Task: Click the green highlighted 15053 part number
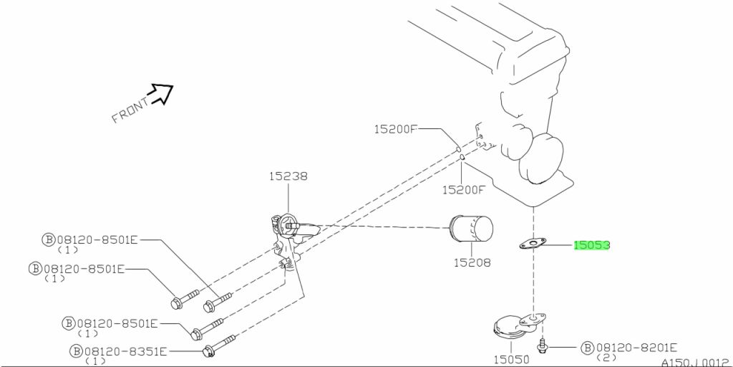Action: [x=592, y=245]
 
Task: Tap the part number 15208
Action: [x=472, y=262]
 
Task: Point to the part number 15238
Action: [x=288, y=176]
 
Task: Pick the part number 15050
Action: [x=511, y=360]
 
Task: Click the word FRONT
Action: [x=130, y=110]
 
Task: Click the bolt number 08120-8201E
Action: [x=636, y=348]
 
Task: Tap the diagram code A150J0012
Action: [x=696, y=362]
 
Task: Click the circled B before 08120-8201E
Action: [x=587, y=348]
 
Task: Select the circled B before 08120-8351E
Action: [x=76, y=351]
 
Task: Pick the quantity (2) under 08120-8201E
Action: [x=606, y=358]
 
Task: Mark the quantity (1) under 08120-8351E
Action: [x=96, y=361]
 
